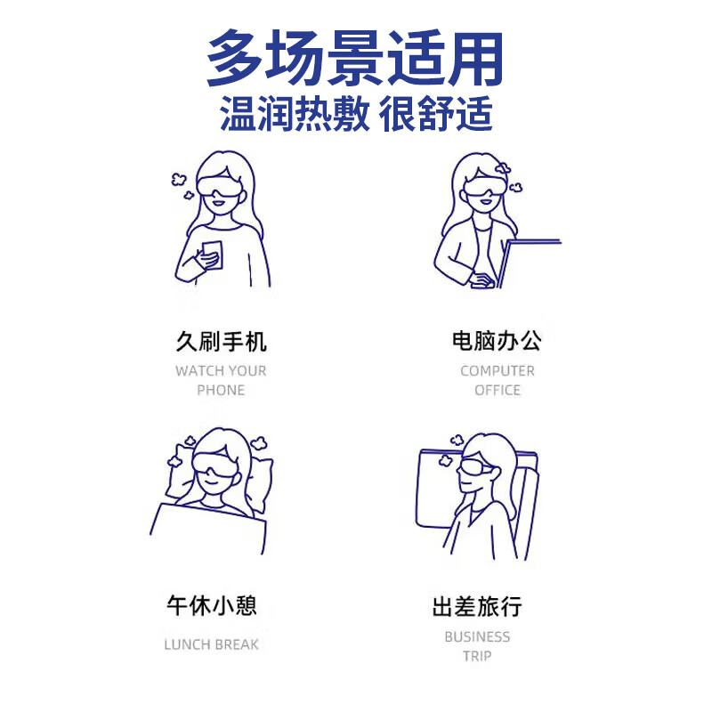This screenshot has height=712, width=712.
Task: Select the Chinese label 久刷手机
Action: click(221, 342)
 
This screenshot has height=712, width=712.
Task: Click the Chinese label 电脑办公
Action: click(497, 341)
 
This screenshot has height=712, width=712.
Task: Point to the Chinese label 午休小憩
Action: click(211, 607)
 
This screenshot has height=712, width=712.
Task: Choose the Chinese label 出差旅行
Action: click(477, 608)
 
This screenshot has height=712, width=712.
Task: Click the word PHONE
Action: click(221, 390)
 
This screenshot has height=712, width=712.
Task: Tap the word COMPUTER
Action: click(498, 370)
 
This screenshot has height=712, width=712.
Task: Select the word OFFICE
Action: click(498, 390)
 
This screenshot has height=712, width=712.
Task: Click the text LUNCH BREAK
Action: click(211, 644)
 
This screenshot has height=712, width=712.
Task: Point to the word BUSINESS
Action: click(477, 636)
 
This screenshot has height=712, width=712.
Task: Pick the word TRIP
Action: click(477, 656)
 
